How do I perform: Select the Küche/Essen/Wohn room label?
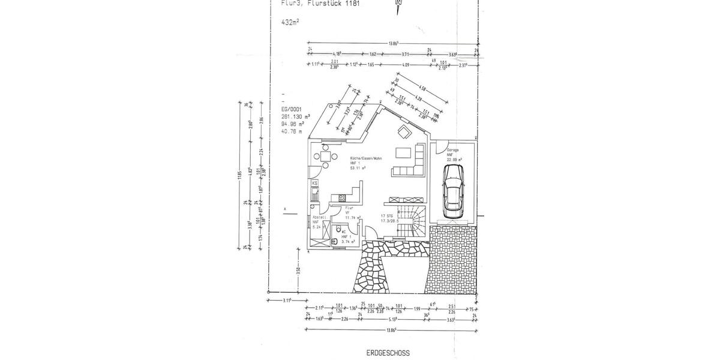tap(366, 158)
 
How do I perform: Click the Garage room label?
tap(453, 149)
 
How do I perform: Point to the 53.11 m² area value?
tap(359, 169)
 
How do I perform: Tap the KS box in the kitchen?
tap(314, 182)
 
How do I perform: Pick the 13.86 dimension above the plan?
tap(394, 43)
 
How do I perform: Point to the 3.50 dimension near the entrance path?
tap(298, 271)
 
